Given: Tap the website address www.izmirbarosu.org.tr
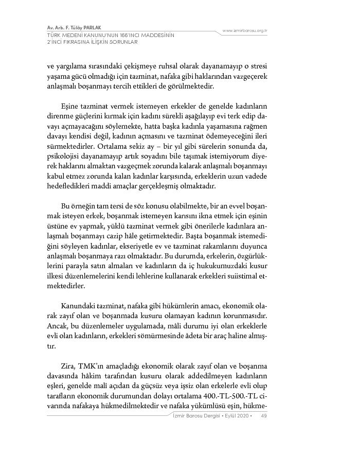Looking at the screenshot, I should click(245, 31).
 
